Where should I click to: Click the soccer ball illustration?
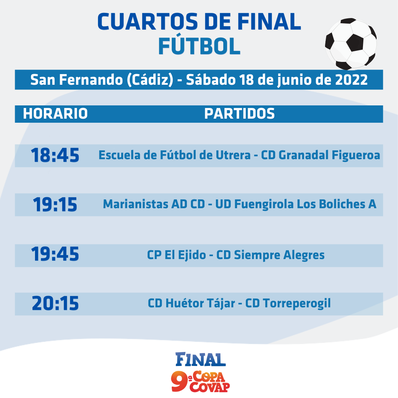click(351, 43)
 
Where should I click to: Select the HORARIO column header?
click(55, 114)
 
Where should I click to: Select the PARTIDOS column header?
click(240, 114)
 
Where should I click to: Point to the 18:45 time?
click(55, 155)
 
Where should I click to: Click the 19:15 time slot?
click(55, 204)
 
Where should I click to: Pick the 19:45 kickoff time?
click(55, 254)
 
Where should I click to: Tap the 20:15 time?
click(55, 303)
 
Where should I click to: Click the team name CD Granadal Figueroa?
click(321, 156)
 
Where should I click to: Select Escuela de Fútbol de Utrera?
click(174, 155)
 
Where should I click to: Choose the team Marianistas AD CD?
click(154, 204)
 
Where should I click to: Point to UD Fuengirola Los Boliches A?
click(296, 204)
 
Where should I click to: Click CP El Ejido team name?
click(177, 255)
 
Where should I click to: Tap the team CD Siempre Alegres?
click(270, 255)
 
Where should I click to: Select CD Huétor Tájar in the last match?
click(191, 303)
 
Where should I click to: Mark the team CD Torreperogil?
click(288, 304)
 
